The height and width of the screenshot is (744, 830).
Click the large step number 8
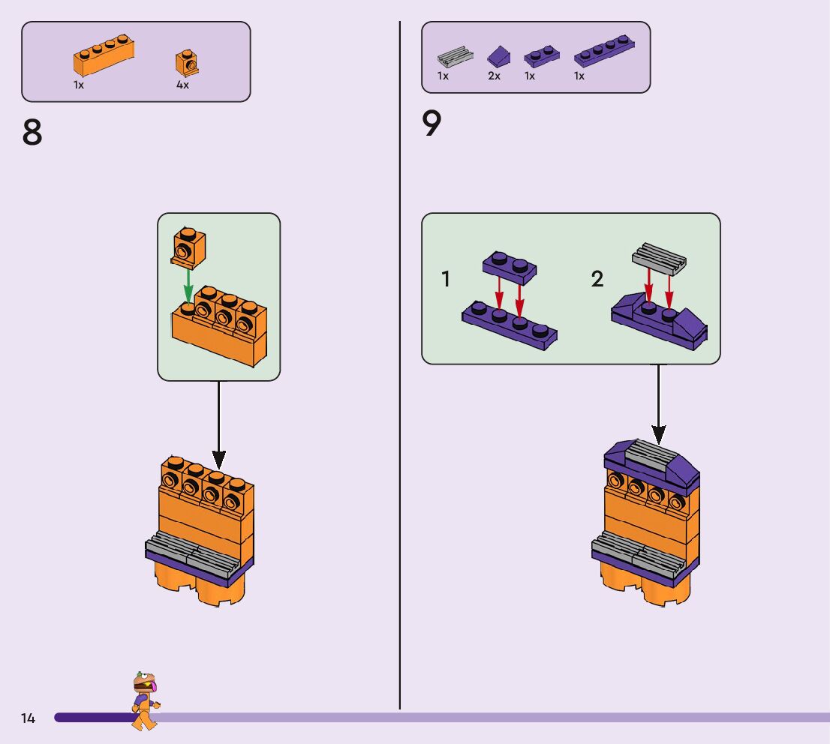point(32,132)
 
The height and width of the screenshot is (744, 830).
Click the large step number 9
point(432,123)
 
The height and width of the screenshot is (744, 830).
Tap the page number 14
point(28,718)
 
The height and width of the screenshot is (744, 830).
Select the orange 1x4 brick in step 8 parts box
point(104,55)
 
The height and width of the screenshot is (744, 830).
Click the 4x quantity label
point(182,85)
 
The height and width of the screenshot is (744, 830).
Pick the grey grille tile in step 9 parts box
point(456,57)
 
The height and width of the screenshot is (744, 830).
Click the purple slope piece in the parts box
point(498,55)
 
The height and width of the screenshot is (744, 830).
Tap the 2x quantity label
point(494,76)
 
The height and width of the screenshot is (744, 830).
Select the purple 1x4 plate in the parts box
point(604,51)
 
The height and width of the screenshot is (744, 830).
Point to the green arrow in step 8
point(188,285)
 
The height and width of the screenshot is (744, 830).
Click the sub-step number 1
point(446,279)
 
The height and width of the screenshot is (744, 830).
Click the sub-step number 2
point(597,279)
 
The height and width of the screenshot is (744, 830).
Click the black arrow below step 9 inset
point(658,404)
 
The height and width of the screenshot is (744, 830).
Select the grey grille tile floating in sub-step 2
point(659,259)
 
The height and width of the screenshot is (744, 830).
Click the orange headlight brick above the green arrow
point(188,246)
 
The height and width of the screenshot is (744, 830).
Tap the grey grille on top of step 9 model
point(652,456)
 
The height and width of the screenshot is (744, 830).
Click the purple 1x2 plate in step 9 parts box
point(542,56)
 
